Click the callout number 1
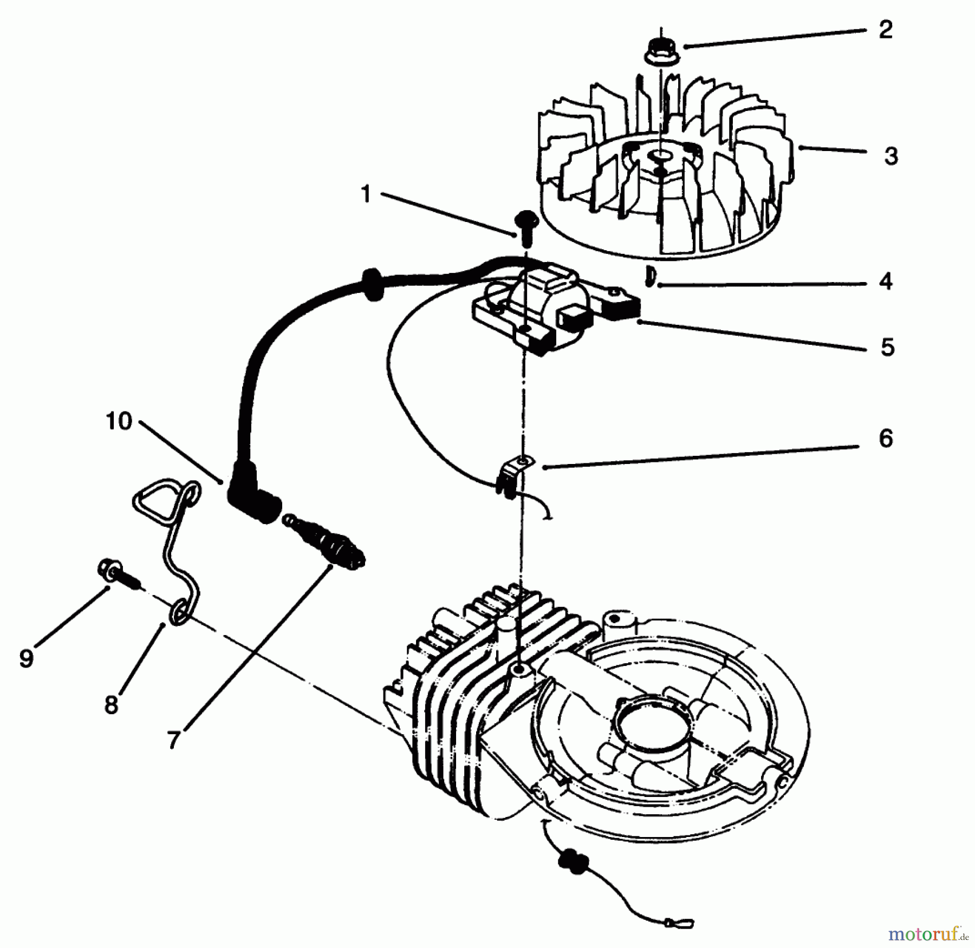pos(366,193)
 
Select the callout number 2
pos(885,29)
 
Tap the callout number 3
pos(890,156)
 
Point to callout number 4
pos(885,282)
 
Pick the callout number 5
pos(887,347)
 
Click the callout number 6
pos(886,438)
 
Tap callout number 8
pos(111,705)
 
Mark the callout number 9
pos(26,658)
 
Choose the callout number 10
pos(119,421)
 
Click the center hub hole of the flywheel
pos(660,156)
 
